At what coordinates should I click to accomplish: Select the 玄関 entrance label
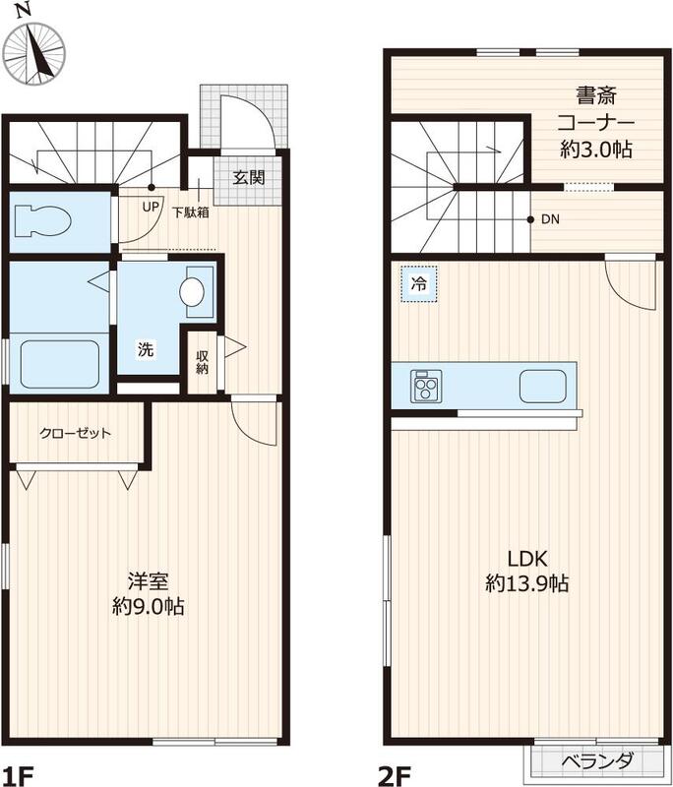[248, 178]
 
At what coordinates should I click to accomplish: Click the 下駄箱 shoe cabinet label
[190, 211]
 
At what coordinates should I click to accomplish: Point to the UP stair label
[151, 207]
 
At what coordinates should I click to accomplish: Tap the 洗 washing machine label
[145, 348]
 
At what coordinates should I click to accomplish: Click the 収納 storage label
[202, 362]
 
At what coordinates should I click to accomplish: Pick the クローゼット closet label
[76, 433]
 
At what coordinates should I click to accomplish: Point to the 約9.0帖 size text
[148, 606]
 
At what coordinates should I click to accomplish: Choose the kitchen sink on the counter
[544, 386]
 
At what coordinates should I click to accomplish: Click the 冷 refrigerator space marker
[419, 283]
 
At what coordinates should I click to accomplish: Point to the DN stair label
[549, 219]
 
